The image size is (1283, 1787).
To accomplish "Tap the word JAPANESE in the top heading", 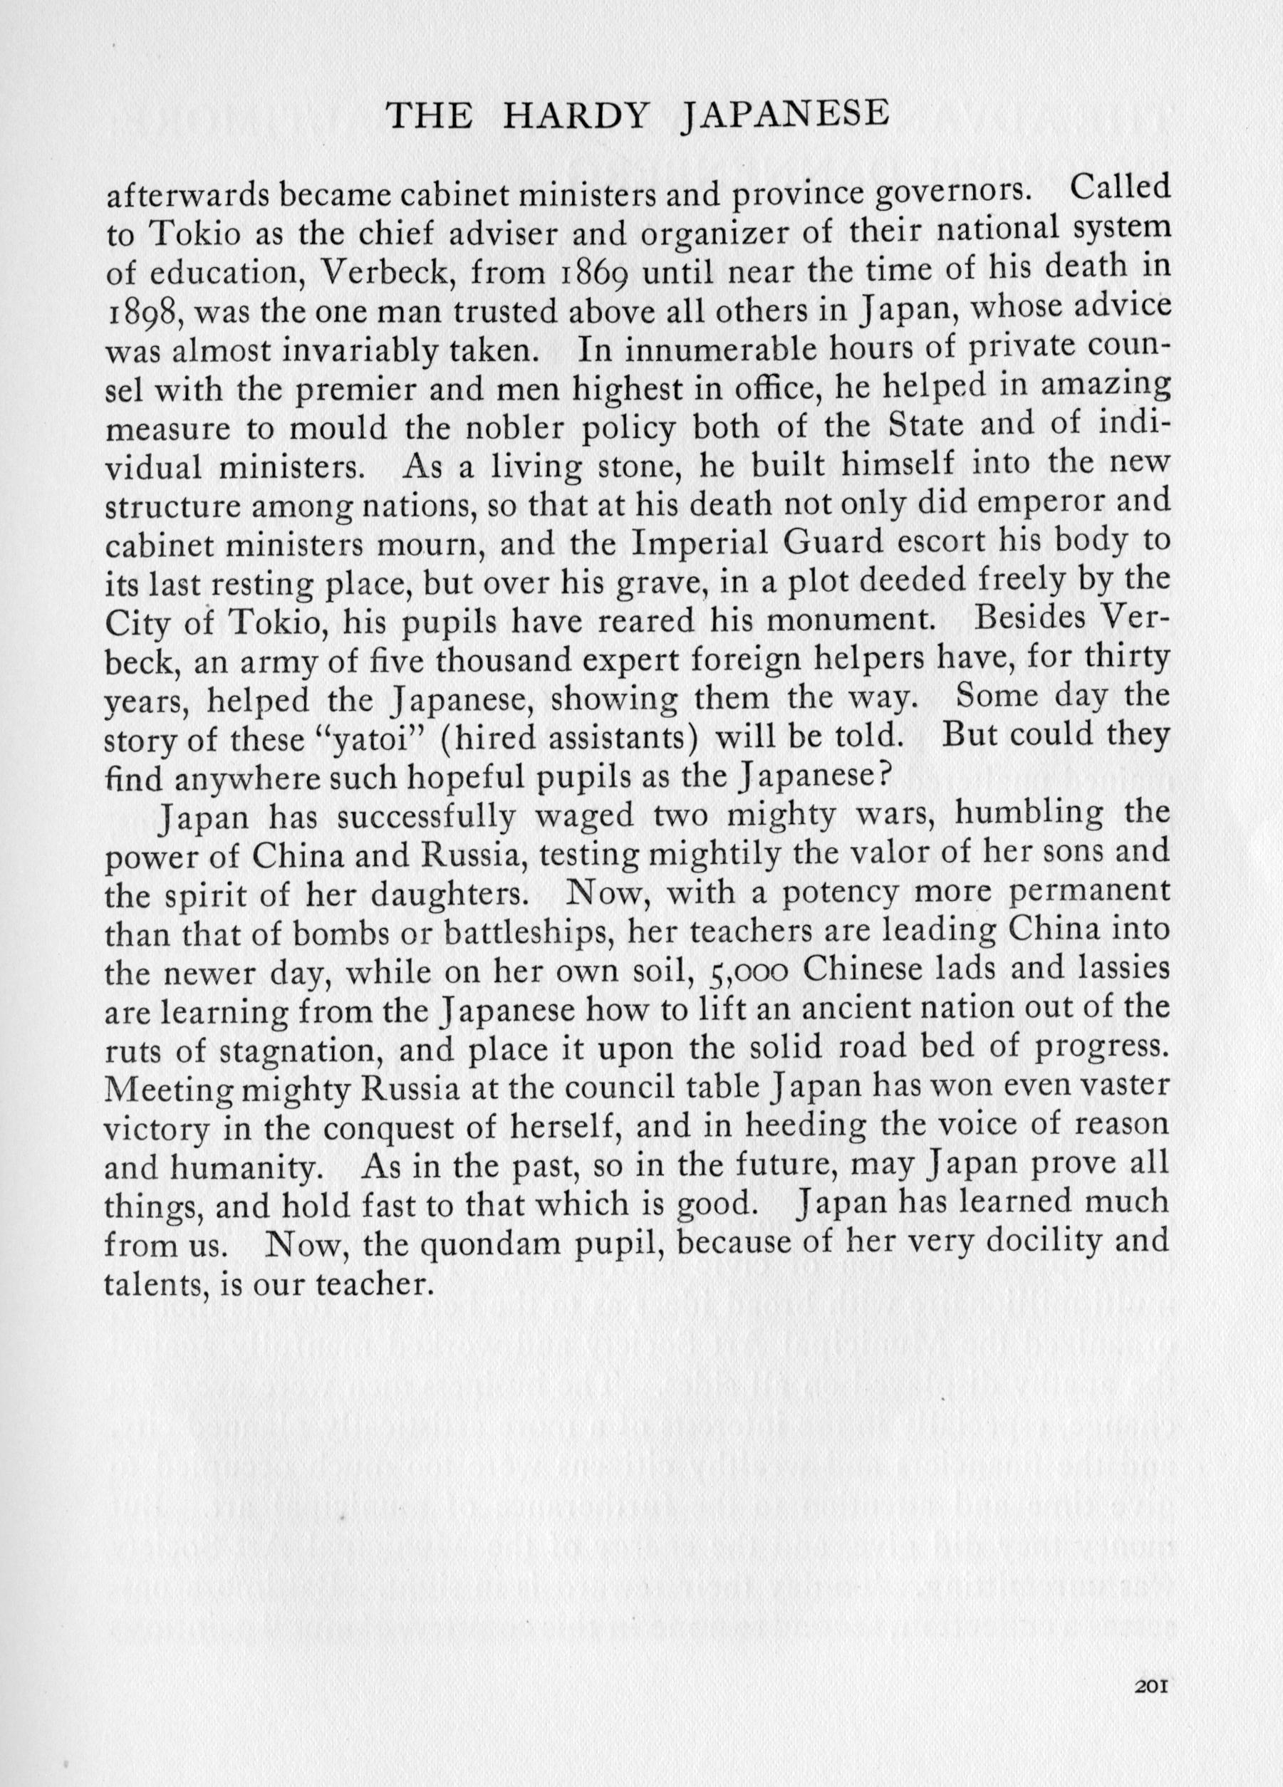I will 784,116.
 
